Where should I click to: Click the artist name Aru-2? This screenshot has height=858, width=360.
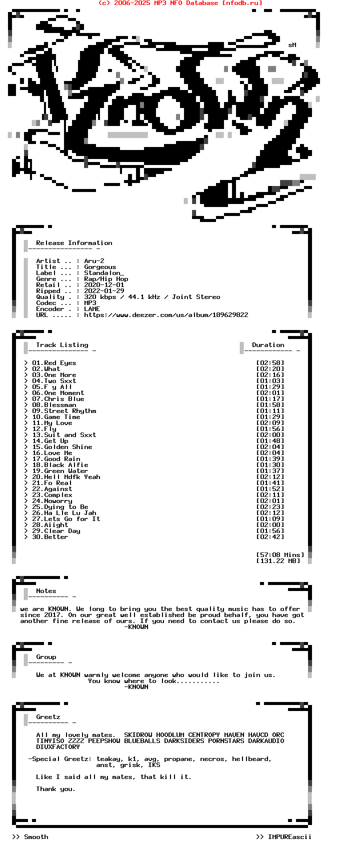click(94, 261)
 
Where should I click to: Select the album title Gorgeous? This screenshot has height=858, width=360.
click(100, 267)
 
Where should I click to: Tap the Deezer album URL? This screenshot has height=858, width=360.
click(166, 315)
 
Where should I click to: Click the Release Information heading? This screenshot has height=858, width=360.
click(74, 243)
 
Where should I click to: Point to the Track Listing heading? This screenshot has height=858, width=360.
click(62, 345)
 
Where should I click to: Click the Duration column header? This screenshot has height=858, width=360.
click(268, 345)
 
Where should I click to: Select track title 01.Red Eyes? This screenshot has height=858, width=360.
click(54, 363)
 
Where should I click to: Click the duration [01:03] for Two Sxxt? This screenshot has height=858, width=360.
click(270, 381)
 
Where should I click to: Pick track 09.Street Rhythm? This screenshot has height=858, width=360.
click(64, 411)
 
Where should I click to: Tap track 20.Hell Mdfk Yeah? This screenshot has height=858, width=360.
click(66, 477)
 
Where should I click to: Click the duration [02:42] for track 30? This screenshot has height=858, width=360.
click(270, 537)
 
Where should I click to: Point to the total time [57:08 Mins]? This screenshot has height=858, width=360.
click(280, 555)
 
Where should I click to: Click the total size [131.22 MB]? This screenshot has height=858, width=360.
click(278, 561)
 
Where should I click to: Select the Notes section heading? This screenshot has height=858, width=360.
click(46, 591)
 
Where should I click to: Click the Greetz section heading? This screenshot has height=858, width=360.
click(48, 717)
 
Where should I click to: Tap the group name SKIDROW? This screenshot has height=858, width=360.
click(138, 735)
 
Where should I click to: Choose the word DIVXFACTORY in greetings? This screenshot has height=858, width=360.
click(58, 747)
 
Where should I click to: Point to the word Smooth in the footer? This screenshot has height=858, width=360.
click(36, 837)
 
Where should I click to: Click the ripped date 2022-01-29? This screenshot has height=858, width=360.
click(104, 291)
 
